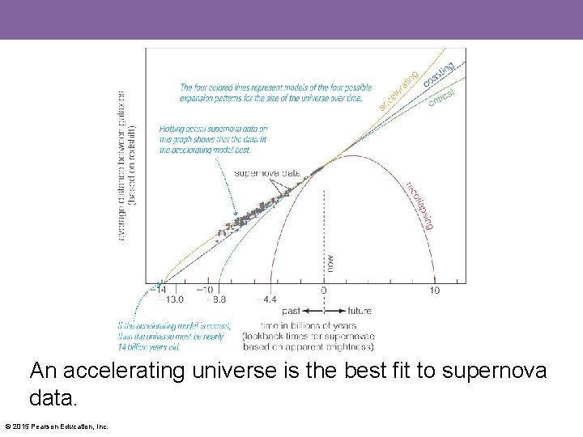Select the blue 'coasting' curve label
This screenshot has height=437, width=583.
pyautogui.click(x=439, y=75)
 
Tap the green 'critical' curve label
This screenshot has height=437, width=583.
pyautogui.click(x=441, y=98)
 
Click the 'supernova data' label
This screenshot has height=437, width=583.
pyautogui.click(x=267, y=173)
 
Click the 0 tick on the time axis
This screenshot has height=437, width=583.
pyautogui.click(x=324, y=291)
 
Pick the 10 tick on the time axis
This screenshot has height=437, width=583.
pyautogui.click(x=435, y=291)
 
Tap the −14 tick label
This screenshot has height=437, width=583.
pyautogui.click(x=160, y=290)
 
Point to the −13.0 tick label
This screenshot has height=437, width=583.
pyautogui.click(x=171, y=299)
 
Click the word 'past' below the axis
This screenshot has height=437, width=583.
pyautogui.click(x=291, y=311)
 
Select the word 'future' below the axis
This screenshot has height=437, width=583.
pyautogui.click(x=360, y=311)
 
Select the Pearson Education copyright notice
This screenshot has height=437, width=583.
pyautogui.click(x=57, y=426)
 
